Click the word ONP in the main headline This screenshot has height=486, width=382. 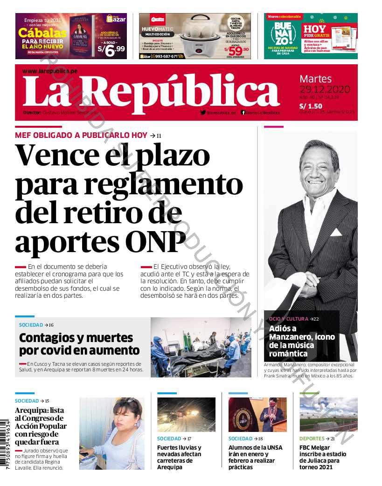(156, 242)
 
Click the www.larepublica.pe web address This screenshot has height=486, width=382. (50, 71)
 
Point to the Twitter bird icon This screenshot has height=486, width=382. (203, 112)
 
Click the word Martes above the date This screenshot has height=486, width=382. (315, 79)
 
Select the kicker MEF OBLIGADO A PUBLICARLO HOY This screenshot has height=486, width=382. (81, 135)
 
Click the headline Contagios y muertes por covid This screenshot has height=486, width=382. (79, 344)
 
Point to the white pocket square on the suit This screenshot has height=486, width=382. (336, 232)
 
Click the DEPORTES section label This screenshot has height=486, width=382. (312, 438)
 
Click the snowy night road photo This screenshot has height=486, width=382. (186, 414)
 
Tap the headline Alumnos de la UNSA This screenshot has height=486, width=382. (255, 457)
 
